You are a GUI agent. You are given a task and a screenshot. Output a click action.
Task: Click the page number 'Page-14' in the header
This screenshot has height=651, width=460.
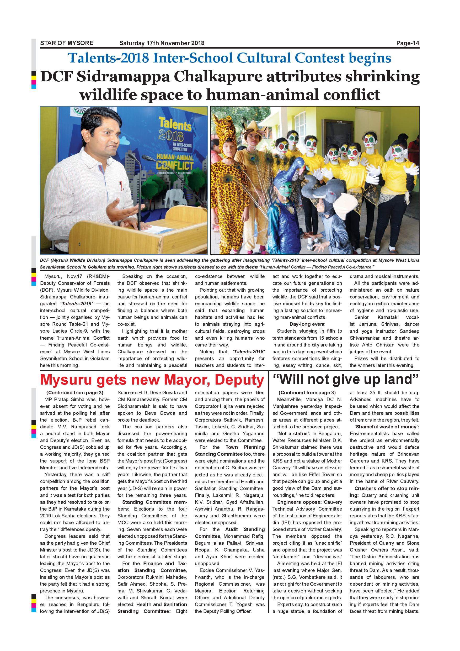(407, 43)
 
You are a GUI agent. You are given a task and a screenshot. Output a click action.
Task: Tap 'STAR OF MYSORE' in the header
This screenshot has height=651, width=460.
(67, 43)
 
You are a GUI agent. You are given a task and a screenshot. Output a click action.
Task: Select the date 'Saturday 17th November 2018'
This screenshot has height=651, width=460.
(162, 43)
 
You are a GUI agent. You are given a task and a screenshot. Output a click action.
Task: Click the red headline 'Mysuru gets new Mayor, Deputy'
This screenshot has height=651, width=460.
(152, 380)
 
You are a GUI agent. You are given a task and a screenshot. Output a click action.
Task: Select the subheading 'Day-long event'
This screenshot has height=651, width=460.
(307, 324)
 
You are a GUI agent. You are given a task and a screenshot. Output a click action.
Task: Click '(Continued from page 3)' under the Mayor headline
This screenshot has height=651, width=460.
(75, 393)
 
